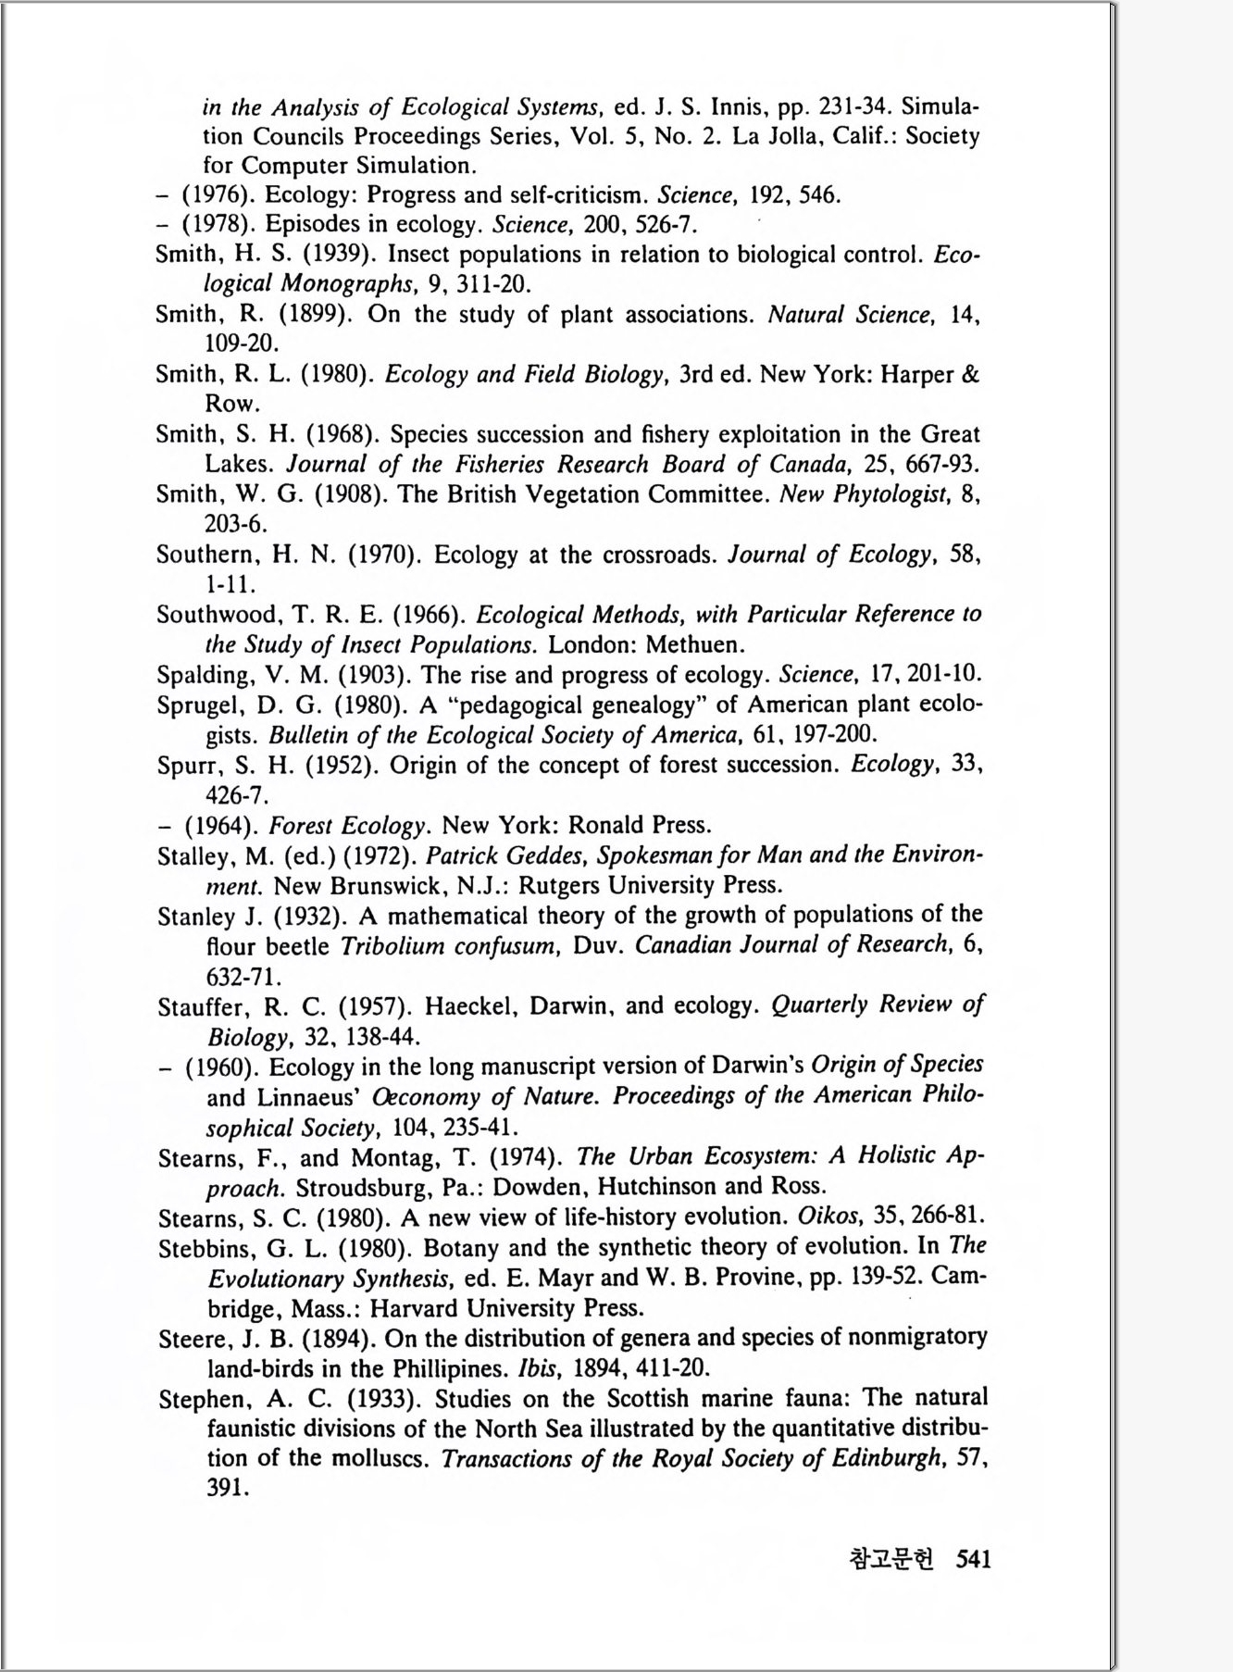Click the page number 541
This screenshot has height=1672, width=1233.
point(973,1559)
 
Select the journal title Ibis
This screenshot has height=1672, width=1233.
point(539,1367)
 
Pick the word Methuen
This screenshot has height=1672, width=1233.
point(693,644)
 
